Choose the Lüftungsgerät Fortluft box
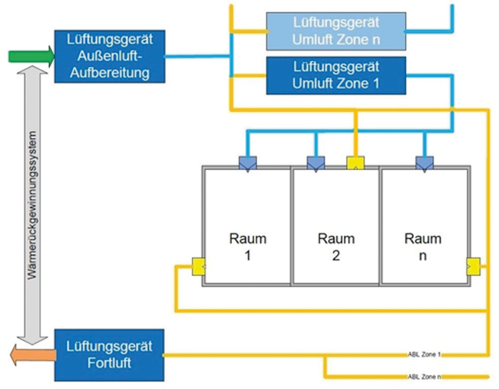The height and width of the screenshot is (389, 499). click(109, 354)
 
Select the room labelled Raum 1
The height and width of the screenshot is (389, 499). click(247, 246)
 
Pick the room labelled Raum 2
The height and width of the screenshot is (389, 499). click(335, 246)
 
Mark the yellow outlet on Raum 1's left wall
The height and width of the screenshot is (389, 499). click(199, 266)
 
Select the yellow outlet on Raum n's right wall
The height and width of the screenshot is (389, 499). click(471, 266)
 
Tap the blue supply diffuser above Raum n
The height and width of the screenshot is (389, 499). click(425, 162)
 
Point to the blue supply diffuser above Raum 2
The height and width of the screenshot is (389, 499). click(316, 162)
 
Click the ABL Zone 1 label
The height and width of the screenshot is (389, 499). click(428, 356)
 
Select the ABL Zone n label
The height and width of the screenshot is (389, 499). click(428, 377)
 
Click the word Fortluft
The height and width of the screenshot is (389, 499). click(109, 362)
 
